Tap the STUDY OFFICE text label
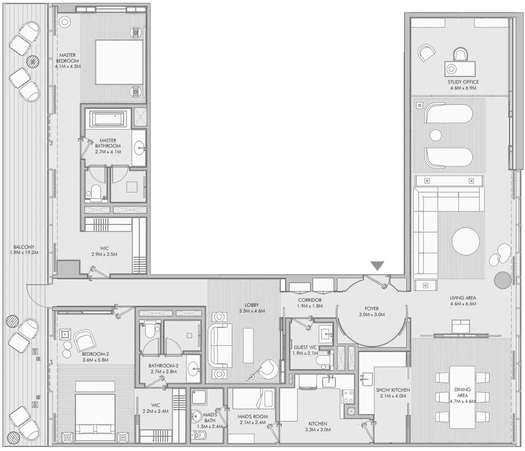(463, 82)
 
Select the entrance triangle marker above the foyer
(377, 266)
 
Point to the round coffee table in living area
(466, 241)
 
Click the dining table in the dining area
(462, 397)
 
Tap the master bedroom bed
(119, 62)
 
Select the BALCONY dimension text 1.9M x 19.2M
(24, 253)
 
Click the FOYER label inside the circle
(371, 308)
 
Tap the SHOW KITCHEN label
(393, 390)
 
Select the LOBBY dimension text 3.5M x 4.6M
(252, 311)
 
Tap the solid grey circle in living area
(502, 280)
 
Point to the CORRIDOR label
(309, 300)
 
